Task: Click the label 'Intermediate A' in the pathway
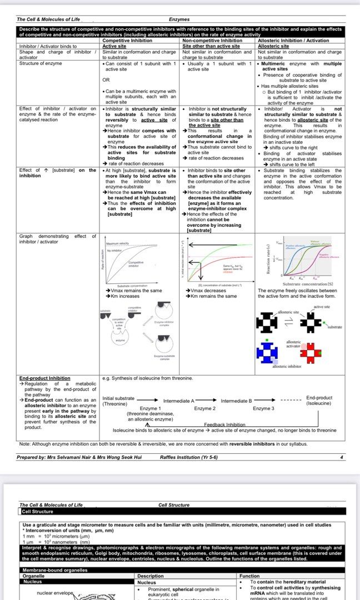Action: click(178, 401)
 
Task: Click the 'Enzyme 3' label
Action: click(263, 408)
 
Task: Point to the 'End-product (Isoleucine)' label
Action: click(319, 401)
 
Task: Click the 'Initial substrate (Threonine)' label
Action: click(118, 401)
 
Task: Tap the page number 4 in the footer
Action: click(342, 457)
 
